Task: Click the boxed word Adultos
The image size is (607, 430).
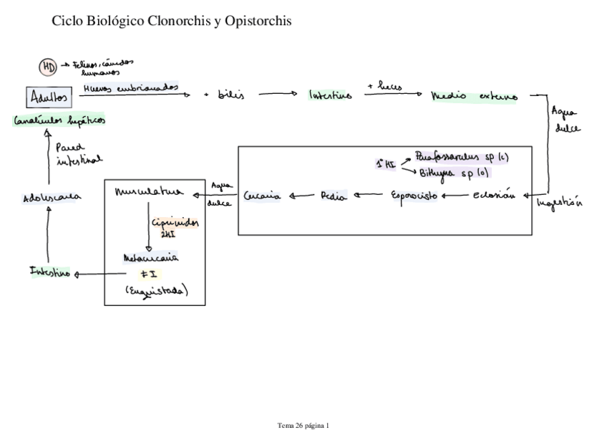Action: pyautogui.click(x=49, y=97)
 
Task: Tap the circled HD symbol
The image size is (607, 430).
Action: pyautogui.click(x=47, y=67)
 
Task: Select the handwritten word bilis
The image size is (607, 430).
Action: pyautogui.click(x=231, y=95)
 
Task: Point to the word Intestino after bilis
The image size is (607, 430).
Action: pyautogui.click(x=330, y=95)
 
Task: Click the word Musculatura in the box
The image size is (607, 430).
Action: pyautogui.click(x=148, y=192)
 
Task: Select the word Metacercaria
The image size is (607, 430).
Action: pyautogui.click(x=150, y=256)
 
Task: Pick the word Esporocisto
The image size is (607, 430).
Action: pyautogui.click(x=414, y=195)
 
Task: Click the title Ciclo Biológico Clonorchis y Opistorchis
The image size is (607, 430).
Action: pyautogui.click(x=172, y=21)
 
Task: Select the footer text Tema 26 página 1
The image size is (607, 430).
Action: pyautogui.click(x=303, y=424)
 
